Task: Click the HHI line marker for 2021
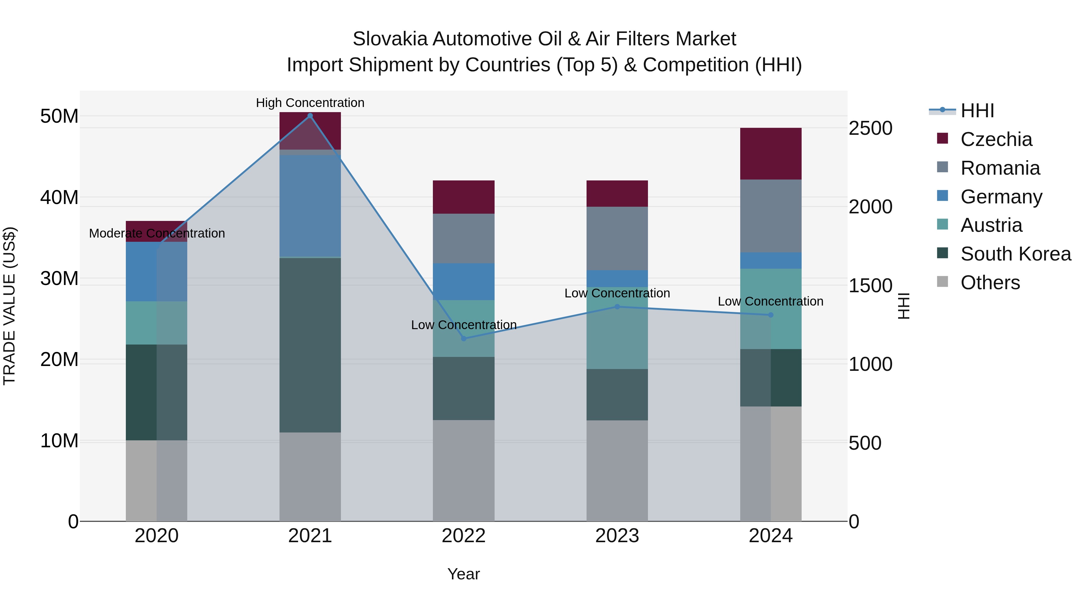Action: (310, 116)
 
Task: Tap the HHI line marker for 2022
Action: (463, 338)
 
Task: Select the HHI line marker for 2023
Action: (617, 307)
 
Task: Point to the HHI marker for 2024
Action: (771, 315)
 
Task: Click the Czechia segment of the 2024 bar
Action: (771, 154)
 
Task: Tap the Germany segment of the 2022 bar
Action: (463, 281)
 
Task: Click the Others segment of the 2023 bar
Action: (617, 471)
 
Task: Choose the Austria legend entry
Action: (991, 225)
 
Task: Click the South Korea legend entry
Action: (1015, 254)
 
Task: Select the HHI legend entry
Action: (977, 111)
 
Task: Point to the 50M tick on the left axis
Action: (59, 116)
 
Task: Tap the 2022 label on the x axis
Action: (463, 536)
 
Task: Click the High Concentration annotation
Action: (310, 103)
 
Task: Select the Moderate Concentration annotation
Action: (157, 233)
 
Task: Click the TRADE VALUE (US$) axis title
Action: (9, 306)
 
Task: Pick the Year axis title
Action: (463, 574)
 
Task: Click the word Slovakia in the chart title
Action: (390, 39)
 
